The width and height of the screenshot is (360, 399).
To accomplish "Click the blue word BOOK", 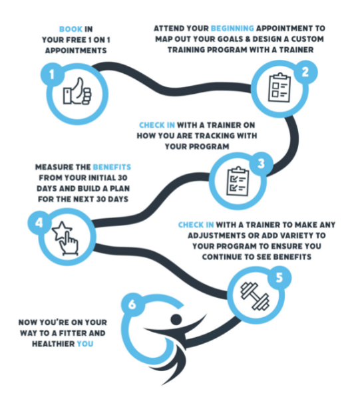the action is (71, 29).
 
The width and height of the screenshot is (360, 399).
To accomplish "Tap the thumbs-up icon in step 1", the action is (77, 91).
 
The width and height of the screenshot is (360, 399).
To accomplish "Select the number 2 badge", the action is (305, 72).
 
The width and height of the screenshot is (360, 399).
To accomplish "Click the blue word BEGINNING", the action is (232, 28).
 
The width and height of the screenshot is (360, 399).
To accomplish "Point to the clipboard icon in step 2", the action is (279, 88).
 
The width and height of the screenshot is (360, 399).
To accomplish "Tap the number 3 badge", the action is (262, 164).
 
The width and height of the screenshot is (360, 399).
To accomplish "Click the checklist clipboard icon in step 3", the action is (238, 181).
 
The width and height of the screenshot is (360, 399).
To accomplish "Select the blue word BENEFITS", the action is (112, 167).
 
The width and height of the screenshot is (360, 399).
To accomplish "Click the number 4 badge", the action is (39, 223).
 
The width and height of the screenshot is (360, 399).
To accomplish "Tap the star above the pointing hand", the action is (62, 230).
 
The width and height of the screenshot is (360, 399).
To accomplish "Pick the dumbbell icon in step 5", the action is (255, 296).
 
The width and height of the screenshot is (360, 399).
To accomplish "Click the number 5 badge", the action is (279, 277).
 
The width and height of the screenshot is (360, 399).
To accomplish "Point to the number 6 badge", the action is (132, 305).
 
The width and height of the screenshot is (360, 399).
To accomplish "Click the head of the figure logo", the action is (176, 319).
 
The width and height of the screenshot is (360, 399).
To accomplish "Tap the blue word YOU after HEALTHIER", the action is (85, 344).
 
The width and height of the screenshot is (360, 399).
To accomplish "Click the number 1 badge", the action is (52, 74).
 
